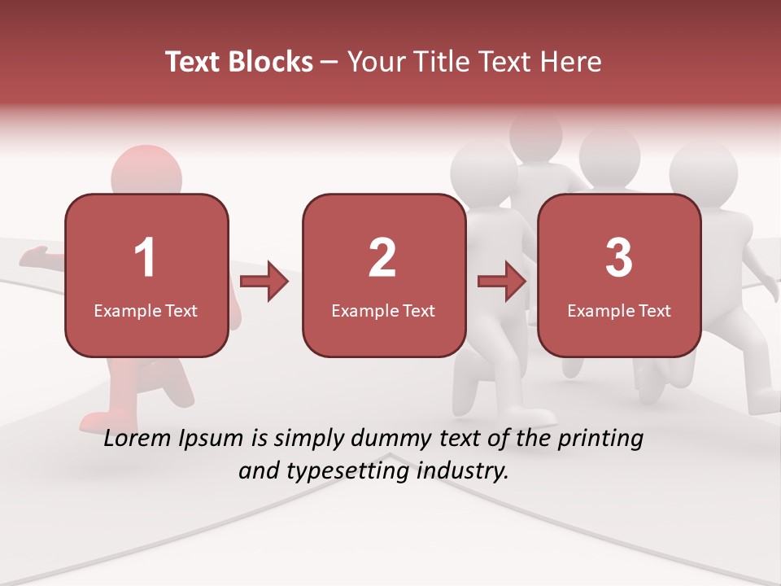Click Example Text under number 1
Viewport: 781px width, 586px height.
pos(146,311)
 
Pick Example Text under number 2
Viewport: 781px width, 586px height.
pos(383,311)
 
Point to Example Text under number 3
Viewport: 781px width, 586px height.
pos(619,311)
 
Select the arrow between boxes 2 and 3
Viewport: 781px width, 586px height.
pos(502,282)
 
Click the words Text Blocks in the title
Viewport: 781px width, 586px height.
pos(239,62)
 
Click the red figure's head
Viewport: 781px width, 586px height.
pos(146,171)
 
